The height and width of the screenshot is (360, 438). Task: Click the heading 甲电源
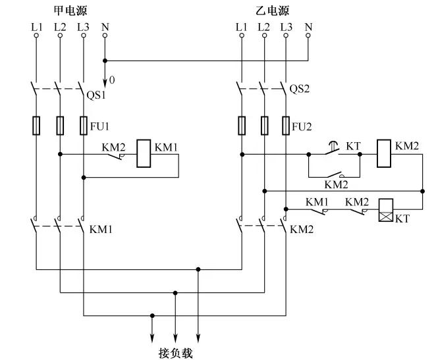(x=70, y=11)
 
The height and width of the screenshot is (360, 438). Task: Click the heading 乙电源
(x=271, y=11)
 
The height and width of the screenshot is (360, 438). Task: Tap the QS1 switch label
(x=97, y=94)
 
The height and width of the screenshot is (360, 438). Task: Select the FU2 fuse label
(x=302, y=125)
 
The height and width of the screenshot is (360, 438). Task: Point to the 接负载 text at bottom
(x=175, y=353)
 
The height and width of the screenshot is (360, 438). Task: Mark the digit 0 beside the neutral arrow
(x=112, y=80)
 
